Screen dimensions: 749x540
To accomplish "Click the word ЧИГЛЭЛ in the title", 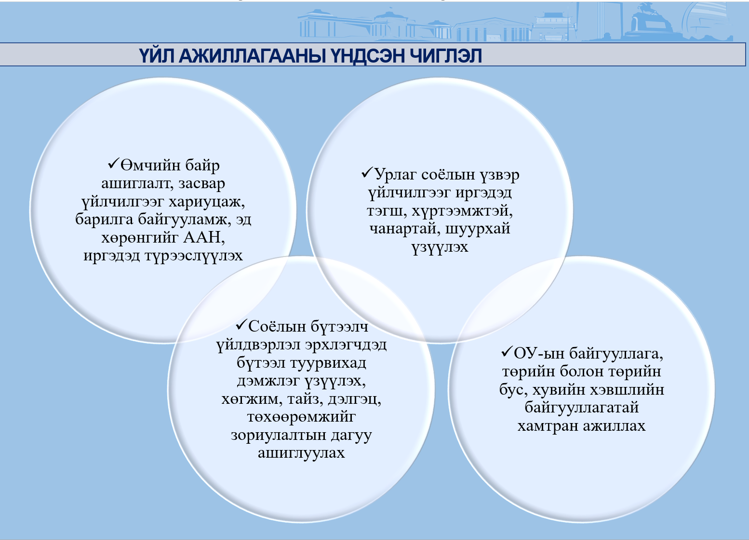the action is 446,56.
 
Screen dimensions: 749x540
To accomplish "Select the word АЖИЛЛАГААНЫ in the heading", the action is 252,56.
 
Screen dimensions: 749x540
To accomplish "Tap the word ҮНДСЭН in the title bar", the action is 368,56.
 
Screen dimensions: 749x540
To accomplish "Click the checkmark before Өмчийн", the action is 114,164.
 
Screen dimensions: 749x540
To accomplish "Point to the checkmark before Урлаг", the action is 367,173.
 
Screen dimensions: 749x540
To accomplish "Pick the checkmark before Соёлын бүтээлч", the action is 241,325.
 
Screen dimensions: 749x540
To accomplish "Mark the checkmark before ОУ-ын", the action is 507,352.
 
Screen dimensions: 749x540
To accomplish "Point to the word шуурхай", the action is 478,229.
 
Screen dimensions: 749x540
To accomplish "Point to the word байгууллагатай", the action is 581,408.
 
